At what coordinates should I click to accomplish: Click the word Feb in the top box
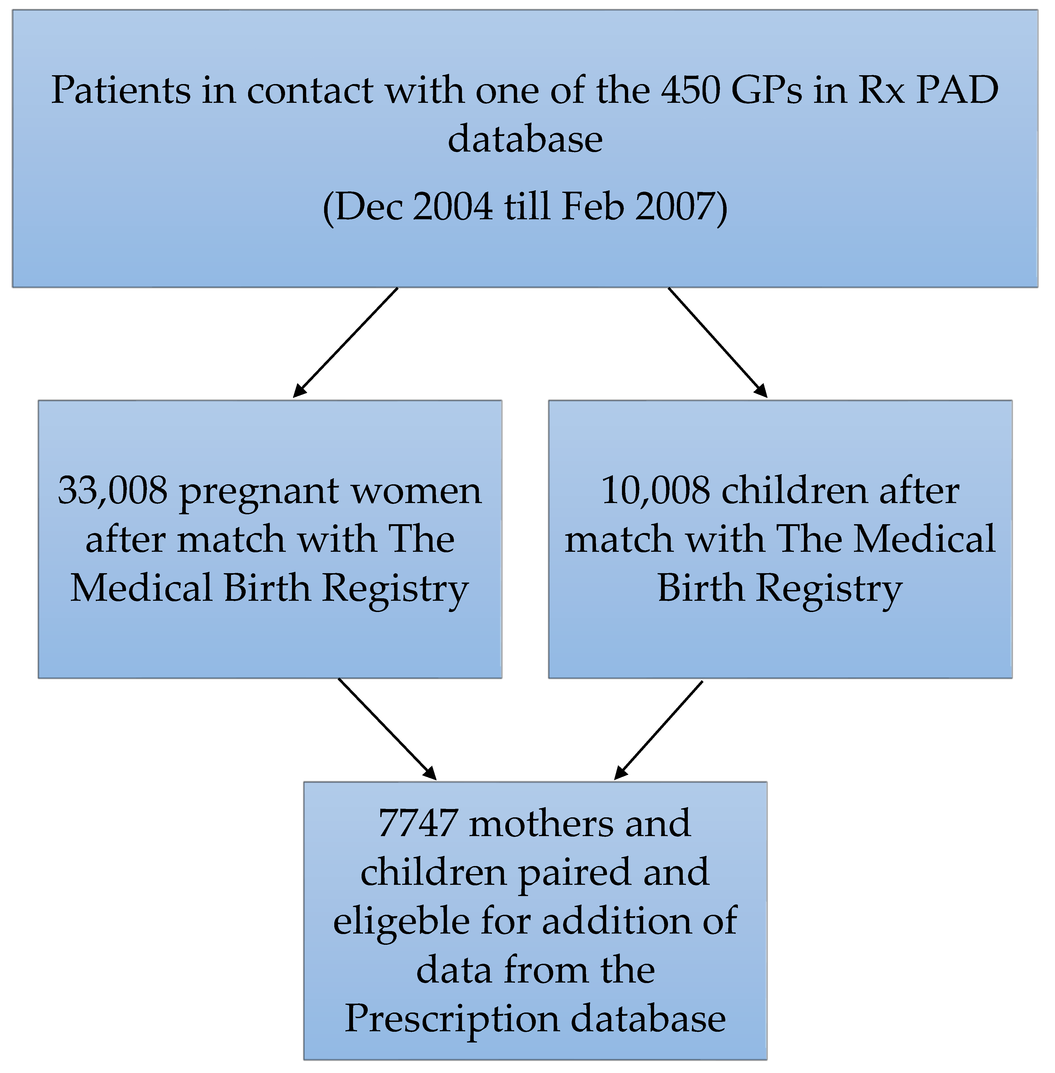click(593, 207)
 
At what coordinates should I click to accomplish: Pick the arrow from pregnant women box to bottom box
click(387, 728)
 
